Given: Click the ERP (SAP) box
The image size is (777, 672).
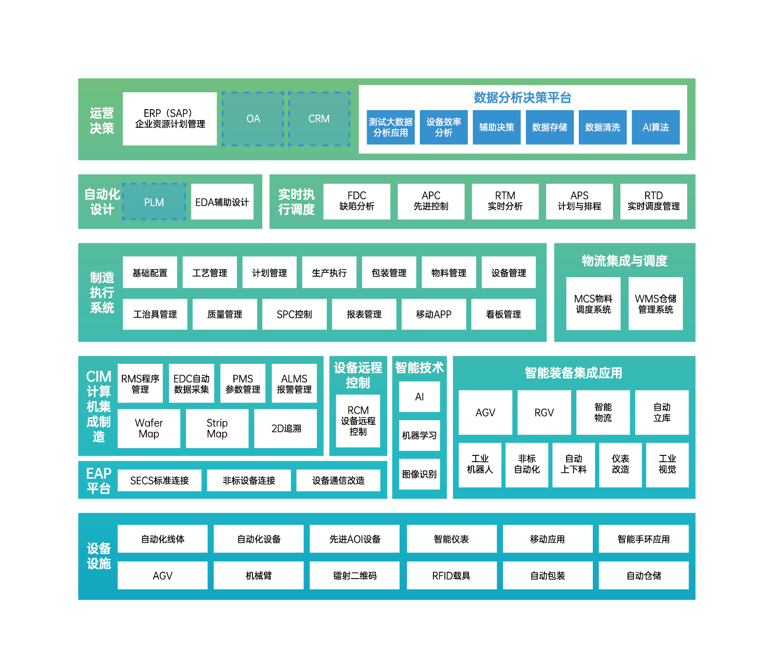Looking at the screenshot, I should point(170,119).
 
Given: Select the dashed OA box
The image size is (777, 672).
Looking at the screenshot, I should point(253,119).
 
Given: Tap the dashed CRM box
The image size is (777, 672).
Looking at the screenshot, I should point(319,119).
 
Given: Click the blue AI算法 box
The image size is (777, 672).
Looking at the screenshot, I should point(656,127).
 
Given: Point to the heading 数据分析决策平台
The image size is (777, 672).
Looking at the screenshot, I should point(522,97).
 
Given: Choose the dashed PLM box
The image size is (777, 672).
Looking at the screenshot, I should point(154,202).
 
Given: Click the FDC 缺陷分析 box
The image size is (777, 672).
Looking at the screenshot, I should point(357,201).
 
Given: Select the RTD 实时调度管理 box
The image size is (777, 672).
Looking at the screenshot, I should point(653,201).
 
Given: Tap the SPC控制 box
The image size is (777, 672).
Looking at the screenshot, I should point(294,314).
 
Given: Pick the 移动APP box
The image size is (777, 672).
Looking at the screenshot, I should point(433,314).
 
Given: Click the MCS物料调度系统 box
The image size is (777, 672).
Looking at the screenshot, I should point(593,304).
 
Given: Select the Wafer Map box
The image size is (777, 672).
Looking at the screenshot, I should point(149,428).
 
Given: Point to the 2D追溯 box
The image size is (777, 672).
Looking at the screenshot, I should point(286,428).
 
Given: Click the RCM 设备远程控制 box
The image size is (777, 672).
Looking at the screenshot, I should point(358,421).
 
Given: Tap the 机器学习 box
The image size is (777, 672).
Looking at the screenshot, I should point(419,436).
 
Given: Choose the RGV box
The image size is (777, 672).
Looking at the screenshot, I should point(544,412).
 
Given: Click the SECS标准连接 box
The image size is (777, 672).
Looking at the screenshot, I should point(159,481).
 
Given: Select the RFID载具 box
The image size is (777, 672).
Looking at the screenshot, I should point(451,575).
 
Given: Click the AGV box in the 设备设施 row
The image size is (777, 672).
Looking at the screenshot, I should point(163,575).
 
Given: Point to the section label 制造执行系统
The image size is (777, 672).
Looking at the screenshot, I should point(102,292).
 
